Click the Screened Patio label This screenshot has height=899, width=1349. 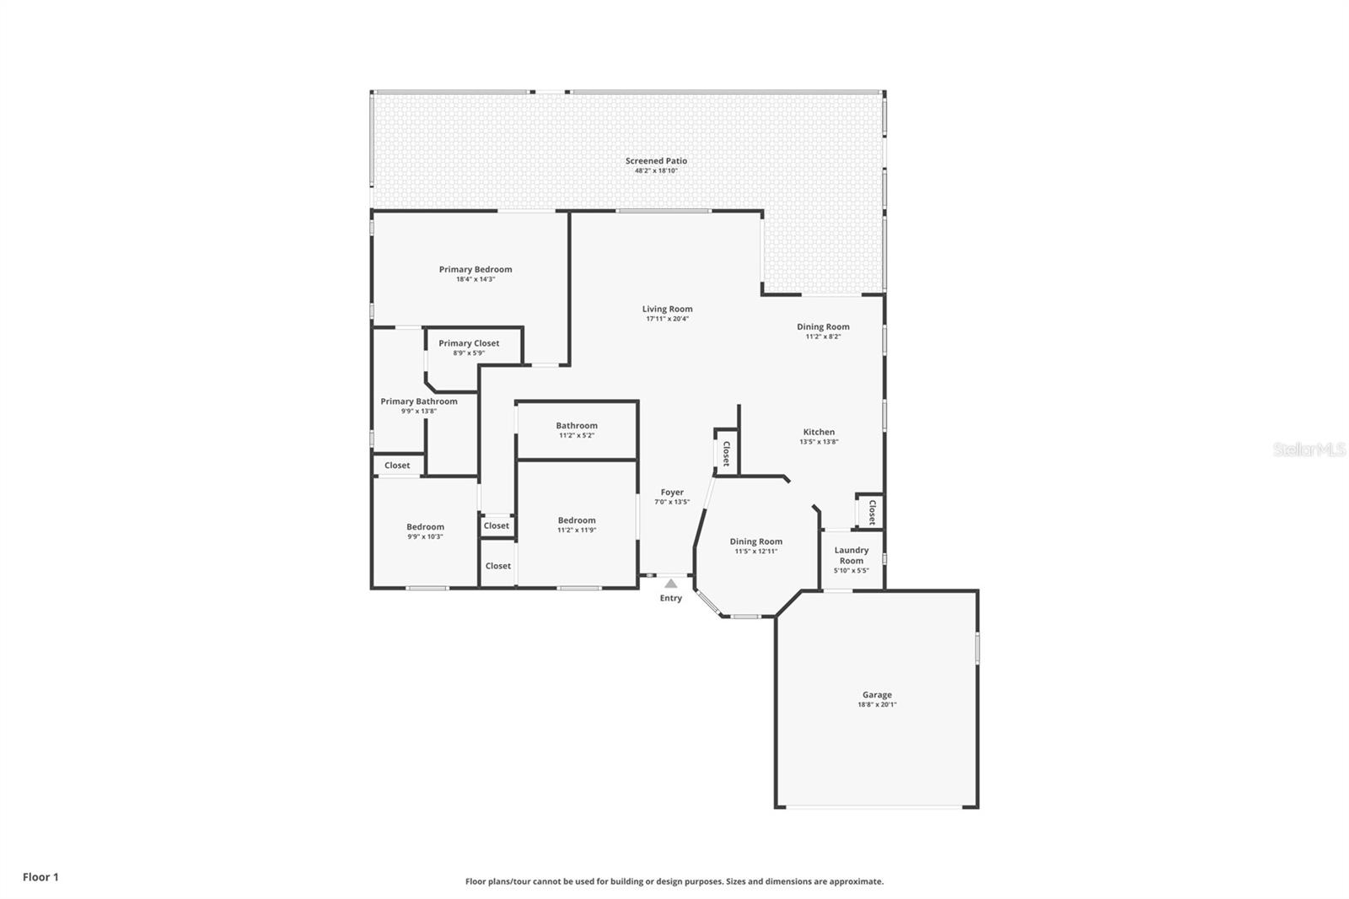click(656, 161)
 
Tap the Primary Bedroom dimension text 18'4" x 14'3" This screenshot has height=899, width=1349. click(476, 280)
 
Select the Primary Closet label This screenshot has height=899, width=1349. click(469, 343)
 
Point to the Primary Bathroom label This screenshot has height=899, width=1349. click(418, 401)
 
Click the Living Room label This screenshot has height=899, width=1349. click(667, 310)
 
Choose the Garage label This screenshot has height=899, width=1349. click(877, 695)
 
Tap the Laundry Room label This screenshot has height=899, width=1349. click(852, 555)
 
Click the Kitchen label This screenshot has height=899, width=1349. click(819, 432)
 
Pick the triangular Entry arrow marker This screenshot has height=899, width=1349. click(670, 584)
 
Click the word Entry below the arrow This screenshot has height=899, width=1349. click(671, 598)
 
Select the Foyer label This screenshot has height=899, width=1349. click(672, 493)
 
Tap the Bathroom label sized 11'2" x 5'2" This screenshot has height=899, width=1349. click(577, 425)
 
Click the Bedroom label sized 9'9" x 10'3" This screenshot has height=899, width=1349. click(425, 526)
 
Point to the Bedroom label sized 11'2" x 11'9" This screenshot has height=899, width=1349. click(577, 520)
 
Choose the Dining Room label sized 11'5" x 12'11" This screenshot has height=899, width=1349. click(755, 541)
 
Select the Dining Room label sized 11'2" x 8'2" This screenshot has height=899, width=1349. click(823, 326)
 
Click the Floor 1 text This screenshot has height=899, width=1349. click(41, 877)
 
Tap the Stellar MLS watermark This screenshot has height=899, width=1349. click(1309, 449)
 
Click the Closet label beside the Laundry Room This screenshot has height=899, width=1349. click(872, 512)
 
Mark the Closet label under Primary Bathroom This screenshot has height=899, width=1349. click(397, 466)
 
